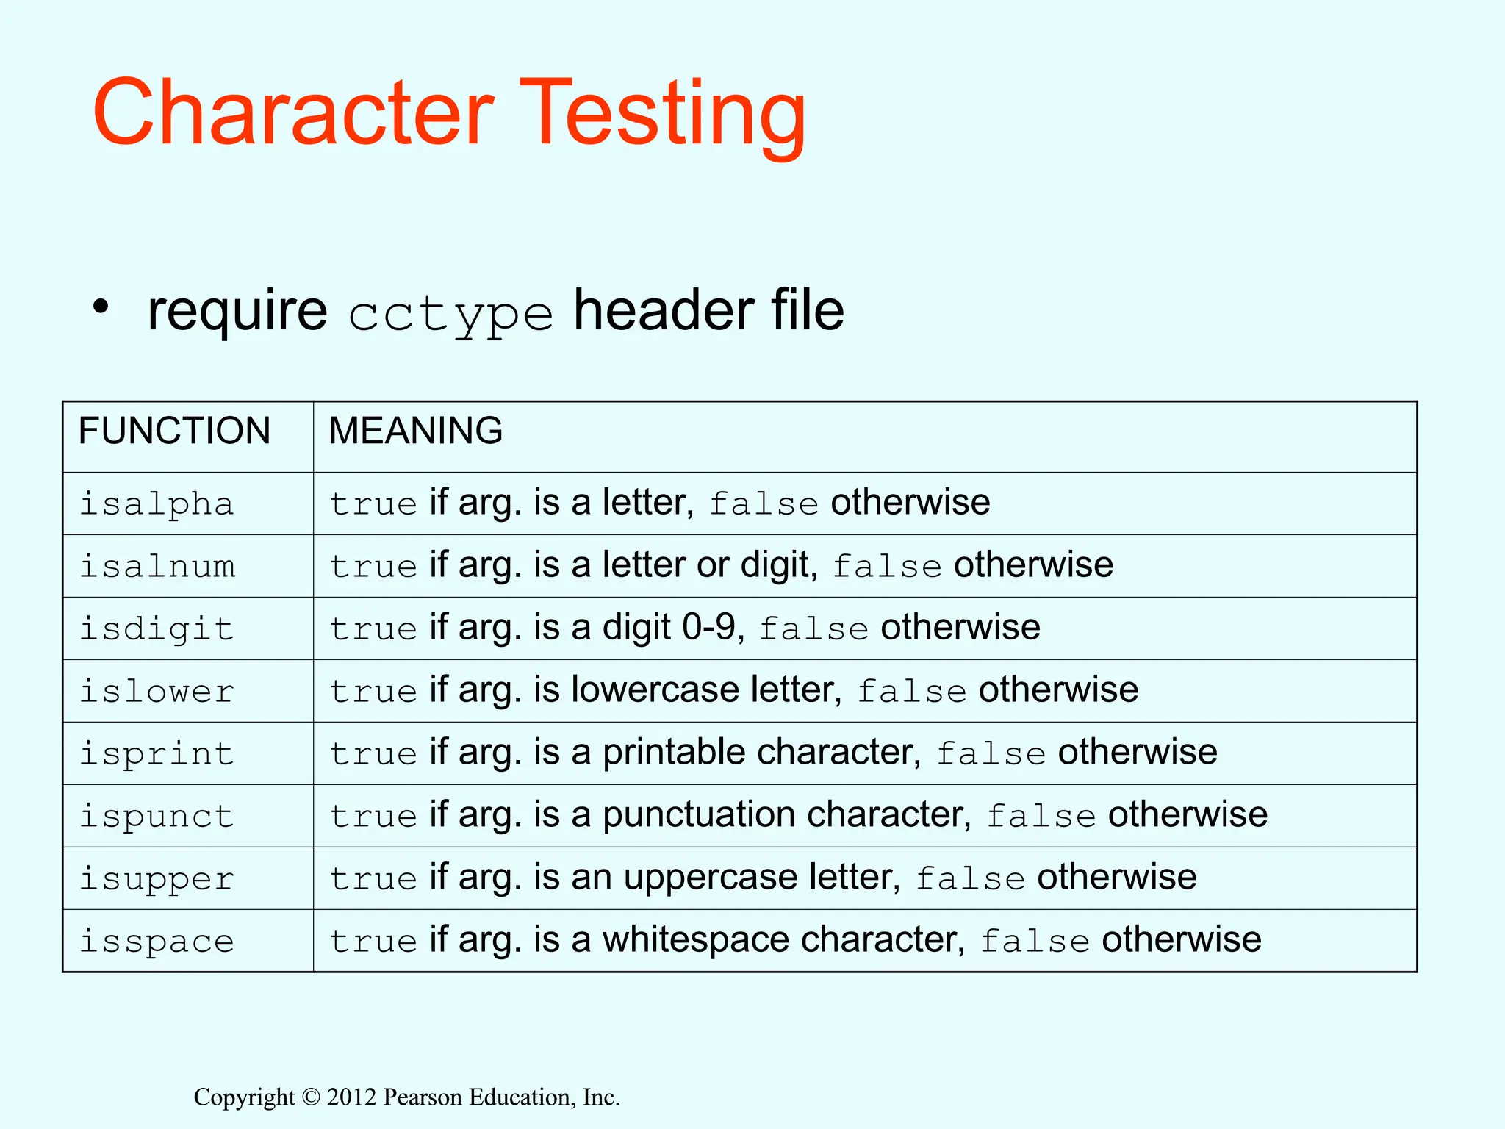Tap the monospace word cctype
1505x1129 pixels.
[450, 315]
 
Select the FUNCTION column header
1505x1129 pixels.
[174, 431]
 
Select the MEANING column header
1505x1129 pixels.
[415, 431]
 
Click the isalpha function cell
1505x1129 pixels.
[157, 504]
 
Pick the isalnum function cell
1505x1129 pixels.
[157, 567]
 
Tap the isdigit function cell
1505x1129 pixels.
[157, 629]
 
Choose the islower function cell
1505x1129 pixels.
[157, 692]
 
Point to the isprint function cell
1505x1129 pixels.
[157, 754]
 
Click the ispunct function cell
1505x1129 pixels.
[157, 817]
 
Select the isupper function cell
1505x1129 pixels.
[157, 879]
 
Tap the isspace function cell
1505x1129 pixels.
[157, 942]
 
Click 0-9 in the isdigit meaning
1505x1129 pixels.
[708, 628]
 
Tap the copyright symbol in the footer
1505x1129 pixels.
[311, 1097]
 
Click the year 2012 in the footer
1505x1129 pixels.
[351, 1097]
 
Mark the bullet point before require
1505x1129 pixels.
[101, 307]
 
